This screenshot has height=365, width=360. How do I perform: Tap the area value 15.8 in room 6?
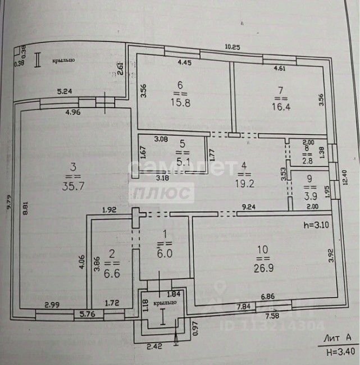coord(181,103)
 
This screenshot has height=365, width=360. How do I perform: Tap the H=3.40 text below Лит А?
coord(340,352)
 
